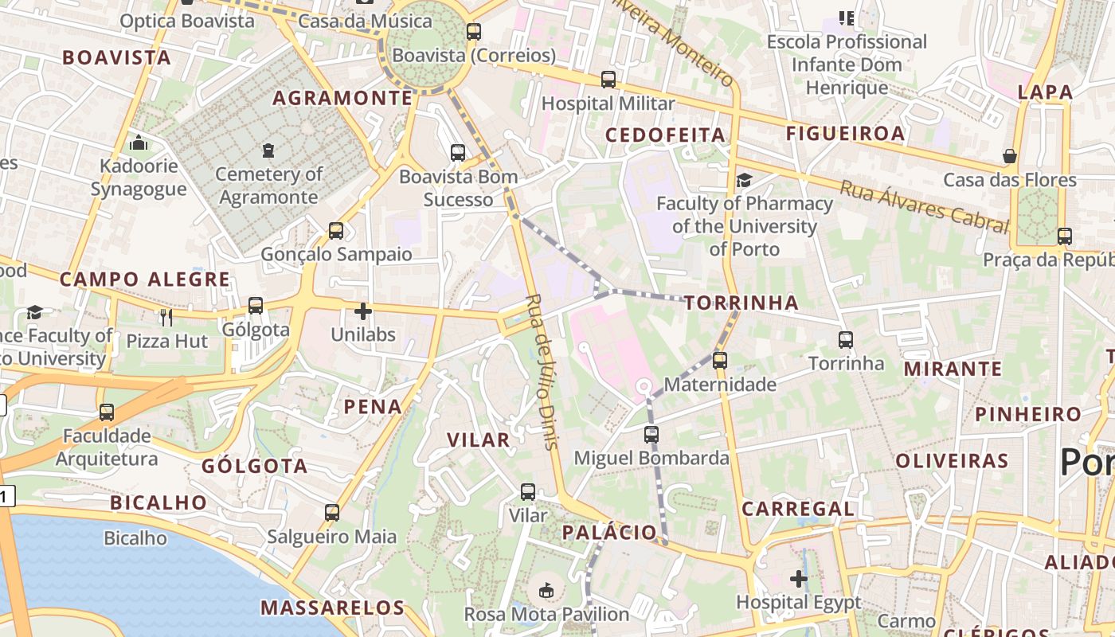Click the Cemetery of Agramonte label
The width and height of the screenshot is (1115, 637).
(268, 185)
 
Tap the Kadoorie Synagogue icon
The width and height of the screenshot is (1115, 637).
(139, 143)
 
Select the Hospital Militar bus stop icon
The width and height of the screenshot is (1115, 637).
(608, 80)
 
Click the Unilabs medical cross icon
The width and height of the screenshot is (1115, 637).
(363, 311)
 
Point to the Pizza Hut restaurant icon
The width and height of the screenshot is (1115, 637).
(166, 318)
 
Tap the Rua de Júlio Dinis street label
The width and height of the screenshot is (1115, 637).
(542, 371)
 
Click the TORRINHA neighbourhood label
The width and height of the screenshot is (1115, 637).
(741, 303)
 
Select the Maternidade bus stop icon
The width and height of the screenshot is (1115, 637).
(720, 361)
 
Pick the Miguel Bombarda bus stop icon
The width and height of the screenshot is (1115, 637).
(651, 435)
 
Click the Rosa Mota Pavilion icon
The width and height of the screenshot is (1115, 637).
(546, 591)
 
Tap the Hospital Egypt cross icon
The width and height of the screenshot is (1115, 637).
(799, 579)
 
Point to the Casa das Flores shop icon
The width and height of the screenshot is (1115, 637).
(1010, 156)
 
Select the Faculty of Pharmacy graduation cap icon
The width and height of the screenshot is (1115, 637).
(744, 181)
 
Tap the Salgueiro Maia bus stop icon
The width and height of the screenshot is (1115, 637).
(332, 513)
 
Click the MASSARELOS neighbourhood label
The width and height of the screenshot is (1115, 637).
(333, 608)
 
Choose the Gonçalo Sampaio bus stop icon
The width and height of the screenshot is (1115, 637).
(336, 231)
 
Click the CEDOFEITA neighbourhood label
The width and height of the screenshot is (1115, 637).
(665, 135)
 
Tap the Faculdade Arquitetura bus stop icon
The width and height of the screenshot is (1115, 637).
(107, 412)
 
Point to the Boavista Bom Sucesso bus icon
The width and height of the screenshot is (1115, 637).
(458, 153)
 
